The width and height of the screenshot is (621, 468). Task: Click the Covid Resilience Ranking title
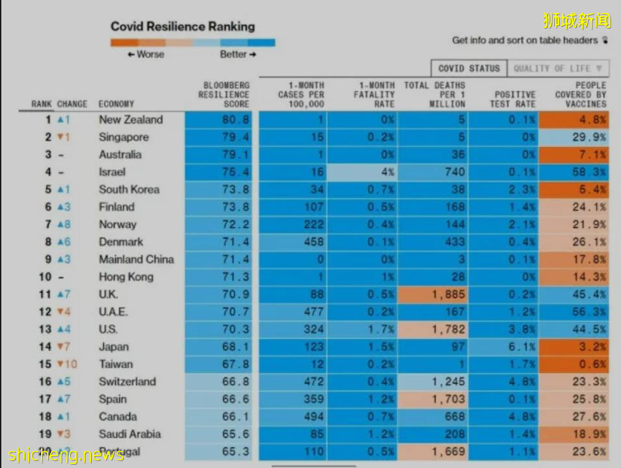[x=182, y=27]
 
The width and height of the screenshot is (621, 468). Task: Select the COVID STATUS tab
[x=469, y=68]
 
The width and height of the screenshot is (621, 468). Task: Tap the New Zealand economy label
[x=131, y=120]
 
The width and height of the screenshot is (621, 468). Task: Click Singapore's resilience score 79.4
[x=236, y=137]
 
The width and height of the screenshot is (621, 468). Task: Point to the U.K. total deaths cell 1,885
[x=447, y=294]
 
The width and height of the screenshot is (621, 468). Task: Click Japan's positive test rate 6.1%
[x=523, y=347]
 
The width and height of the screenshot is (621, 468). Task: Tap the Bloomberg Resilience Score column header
[x=224, y=95]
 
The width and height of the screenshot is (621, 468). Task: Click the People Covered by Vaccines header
[x=581, y=95]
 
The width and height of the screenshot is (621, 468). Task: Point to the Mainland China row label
[x=137, y=259]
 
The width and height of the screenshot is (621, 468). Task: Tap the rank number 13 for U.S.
[x=44, y=330]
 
